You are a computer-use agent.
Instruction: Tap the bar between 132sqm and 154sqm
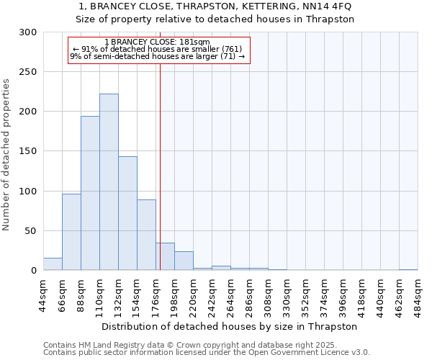[127, 213]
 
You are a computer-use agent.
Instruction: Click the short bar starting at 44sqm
[53, 264]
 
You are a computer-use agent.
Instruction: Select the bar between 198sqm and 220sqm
[184, 261]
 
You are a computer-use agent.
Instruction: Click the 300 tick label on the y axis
[28, 32]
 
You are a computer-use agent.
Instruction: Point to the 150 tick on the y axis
[28, 152]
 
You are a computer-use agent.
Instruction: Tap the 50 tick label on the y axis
[31, 231]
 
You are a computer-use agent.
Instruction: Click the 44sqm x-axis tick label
[43, 294]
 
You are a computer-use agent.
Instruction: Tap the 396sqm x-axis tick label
[343, 294]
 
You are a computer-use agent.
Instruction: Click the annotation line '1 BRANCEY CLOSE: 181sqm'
[157, 42]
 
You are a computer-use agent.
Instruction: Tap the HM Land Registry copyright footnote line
[206, 345]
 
